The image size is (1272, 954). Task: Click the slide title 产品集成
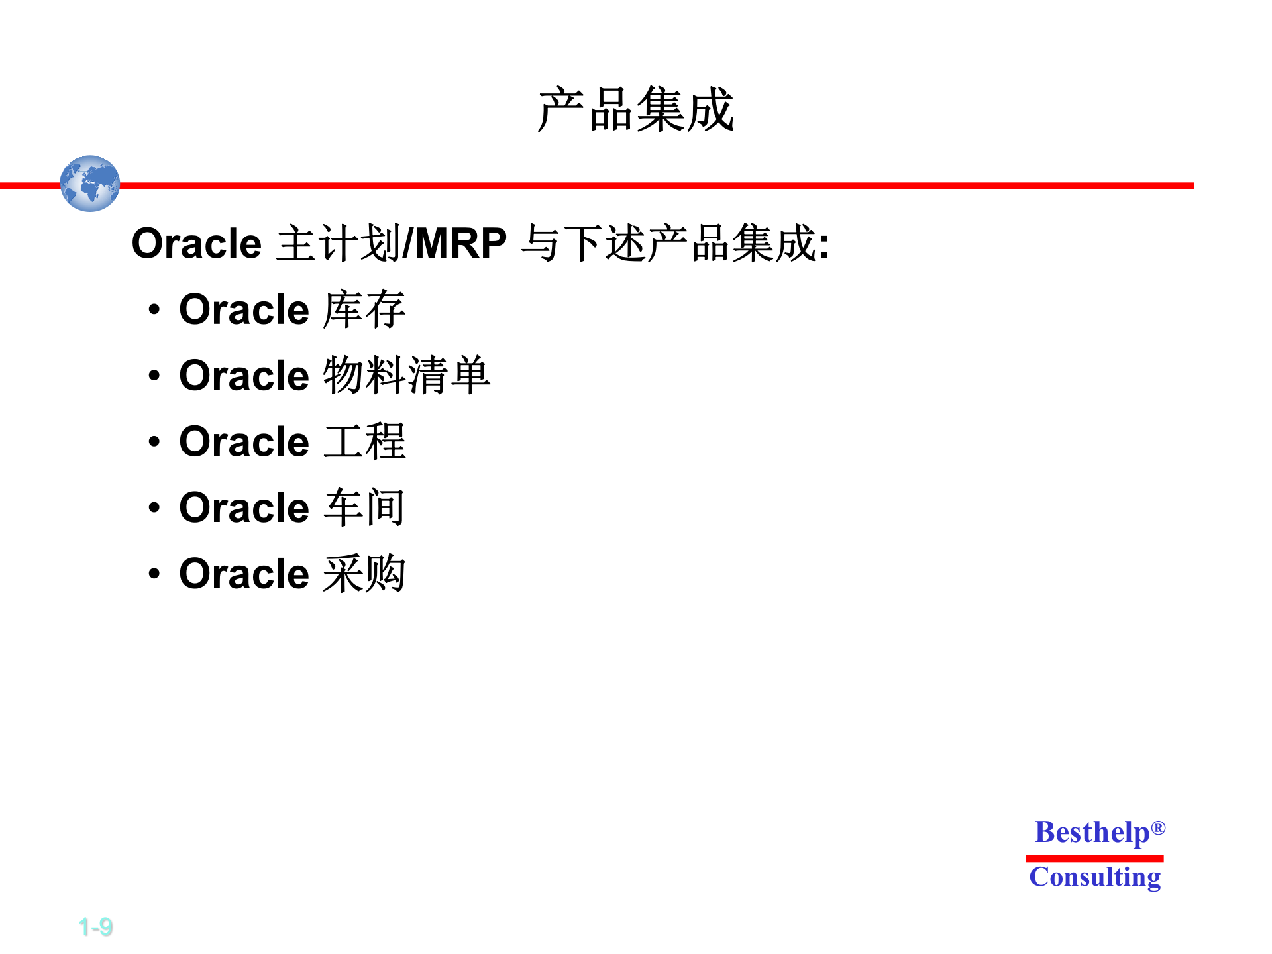point(635,110)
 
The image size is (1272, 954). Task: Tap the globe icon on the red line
point(90,184)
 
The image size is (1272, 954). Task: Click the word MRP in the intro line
point(460,243)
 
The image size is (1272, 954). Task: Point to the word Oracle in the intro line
point(197,243)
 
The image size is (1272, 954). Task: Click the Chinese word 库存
point(364,309)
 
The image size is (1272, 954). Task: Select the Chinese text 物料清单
point(407,376)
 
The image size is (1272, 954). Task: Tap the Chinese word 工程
point(364,442)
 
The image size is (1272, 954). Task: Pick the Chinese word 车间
point(364,507)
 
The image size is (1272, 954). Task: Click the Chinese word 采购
point(364,574)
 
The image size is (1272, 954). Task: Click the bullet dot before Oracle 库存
point(154,309)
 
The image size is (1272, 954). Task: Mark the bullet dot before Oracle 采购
point(154,574)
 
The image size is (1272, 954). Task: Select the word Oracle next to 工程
point(244,442)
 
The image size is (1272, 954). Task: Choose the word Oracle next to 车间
point(244,507)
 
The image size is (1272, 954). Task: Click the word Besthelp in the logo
point(1092,833)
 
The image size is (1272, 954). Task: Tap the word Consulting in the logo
point(1094,877)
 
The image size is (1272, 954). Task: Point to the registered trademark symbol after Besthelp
point(1158,828)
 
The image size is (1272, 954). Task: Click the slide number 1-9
point(95,927)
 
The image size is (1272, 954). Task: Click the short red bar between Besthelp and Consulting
point(1094,858)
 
